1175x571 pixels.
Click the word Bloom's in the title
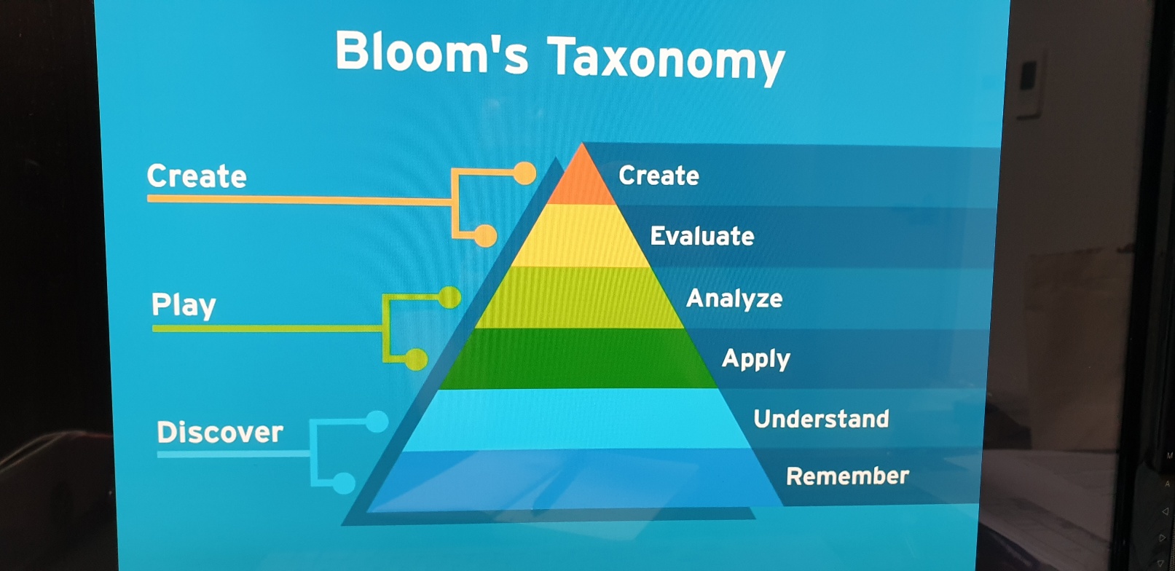point(431,52)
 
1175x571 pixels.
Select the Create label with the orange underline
point(197,176)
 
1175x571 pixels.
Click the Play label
point(184,304)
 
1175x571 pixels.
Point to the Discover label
point(220,432)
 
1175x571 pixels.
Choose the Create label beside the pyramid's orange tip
point(659,176)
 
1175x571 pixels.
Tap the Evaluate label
point(702,236)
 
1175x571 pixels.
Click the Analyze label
point(734,298)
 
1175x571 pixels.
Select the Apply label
point(755,359)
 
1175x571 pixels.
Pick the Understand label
point(821,419)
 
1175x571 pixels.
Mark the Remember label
point(847,476)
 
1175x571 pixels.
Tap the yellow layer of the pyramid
point(581,235)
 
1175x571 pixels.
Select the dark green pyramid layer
point(579,358)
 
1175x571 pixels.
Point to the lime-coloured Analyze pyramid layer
point(580,298)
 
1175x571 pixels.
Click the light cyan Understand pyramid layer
point(576,420)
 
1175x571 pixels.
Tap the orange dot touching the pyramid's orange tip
point(524,173)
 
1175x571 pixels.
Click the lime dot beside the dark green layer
point(416,359)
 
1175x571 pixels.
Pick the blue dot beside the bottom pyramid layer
point(344,483)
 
